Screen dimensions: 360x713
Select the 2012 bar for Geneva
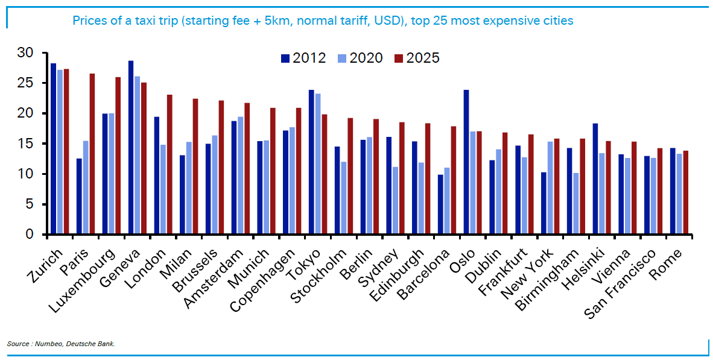(x=131, y=148)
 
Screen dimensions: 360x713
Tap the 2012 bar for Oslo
(x=466, y=162)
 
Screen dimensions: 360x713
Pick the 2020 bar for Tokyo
(x=318, y=164)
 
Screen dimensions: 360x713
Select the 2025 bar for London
(x=170, y=165)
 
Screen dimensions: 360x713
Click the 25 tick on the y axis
(x=25, y=83)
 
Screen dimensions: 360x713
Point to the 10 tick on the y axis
(x=25, y=174)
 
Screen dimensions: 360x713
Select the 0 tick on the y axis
(x=28, y=235)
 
